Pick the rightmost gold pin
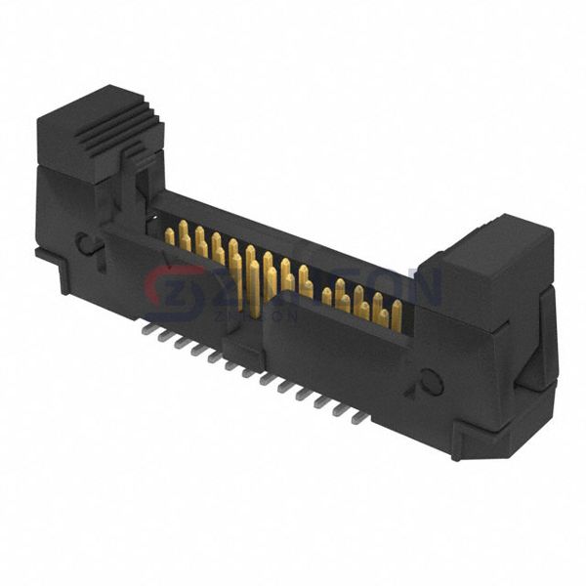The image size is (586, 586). click(x=396, y=314)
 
